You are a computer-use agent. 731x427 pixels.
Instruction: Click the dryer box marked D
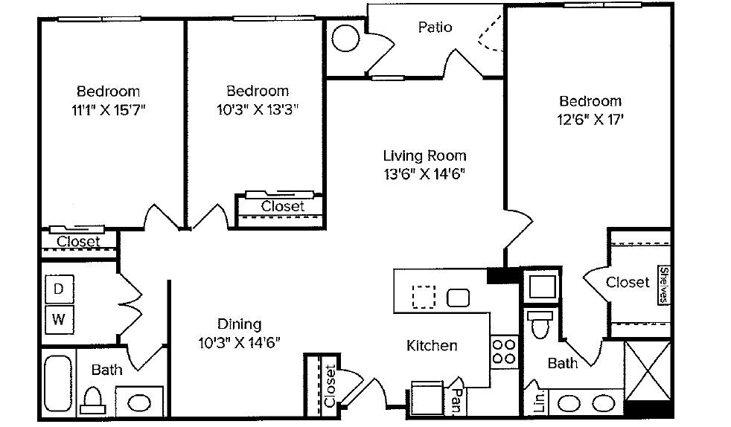point(59,289)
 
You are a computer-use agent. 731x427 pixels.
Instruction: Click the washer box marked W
point(59,319)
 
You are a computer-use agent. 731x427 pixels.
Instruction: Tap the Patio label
point(435,27)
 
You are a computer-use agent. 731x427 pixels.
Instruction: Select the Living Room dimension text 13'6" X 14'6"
point(424,174)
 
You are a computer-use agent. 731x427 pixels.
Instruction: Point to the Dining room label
point(239,324)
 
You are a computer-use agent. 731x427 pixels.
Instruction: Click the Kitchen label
point(432,345)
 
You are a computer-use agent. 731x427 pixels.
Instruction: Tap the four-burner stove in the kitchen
point(504,352)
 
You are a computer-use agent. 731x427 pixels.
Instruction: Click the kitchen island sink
point(458,298)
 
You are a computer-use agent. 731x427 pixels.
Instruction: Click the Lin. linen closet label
point(540,402)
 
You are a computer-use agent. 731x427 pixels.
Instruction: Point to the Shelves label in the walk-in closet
point(664,285)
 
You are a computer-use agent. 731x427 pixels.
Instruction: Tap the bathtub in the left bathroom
point(58,384)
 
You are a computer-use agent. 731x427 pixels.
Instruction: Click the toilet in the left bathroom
point(92,400)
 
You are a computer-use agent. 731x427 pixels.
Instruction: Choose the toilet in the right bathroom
point(540,324)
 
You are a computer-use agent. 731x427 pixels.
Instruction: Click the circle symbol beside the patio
point(345,38)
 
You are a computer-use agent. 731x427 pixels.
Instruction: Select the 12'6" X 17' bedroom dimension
point(590,120)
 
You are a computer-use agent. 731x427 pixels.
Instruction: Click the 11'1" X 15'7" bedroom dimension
point(108,110)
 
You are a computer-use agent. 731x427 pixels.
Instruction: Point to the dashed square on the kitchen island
point(424,297)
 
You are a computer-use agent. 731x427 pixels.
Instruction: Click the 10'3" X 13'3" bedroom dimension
point(258,109)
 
